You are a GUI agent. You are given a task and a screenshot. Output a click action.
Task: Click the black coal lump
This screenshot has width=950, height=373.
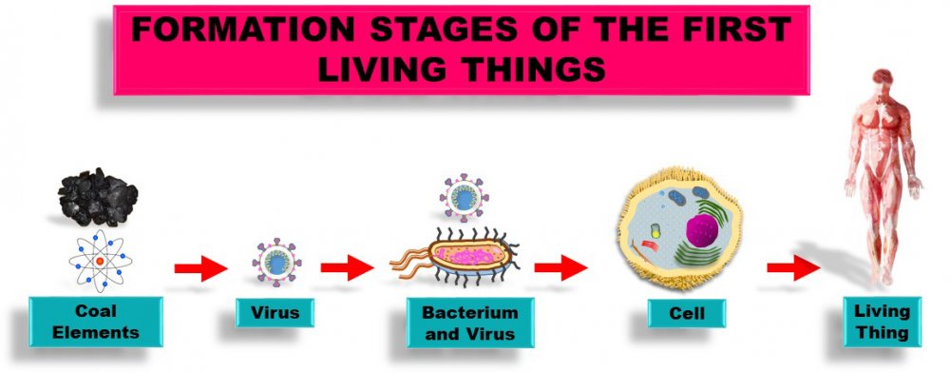pos(98,197)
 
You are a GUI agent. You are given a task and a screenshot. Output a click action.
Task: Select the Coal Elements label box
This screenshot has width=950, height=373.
pos(96,322)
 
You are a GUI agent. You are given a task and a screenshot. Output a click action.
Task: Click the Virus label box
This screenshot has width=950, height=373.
pos(275,313)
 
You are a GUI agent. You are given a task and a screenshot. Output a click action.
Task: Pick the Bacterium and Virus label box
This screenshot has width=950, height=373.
pos(470,323)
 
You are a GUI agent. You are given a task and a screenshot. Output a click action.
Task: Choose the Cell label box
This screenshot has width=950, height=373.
pos(687,314)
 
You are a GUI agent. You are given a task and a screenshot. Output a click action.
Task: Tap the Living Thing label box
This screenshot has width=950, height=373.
pos(883,322)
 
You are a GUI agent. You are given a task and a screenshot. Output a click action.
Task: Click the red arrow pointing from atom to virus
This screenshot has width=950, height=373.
pos(200,268)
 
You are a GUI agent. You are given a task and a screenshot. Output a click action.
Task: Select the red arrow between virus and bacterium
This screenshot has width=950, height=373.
pos(347,267)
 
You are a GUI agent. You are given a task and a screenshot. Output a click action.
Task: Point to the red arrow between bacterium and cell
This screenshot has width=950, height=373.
pos(560,267)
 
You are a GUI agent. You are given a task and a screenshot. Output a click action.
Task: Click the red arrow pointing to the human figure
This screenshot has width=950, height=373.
pos(793,267)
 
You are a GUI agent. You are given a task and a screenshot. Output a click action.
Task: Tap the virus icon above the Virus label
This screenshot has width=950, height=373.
pos(276,262)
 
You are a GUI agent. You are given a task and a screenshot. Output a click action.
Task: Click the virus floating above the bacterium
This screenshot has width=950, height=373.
pos(465,198)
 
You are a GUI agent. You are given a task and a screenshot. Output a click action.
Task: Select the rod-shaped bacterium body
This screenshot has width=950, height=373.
pos(469,256)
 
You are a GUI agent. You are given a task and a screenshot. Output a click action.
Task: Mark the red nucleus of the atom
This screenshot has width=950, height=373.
pos(100,262)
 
